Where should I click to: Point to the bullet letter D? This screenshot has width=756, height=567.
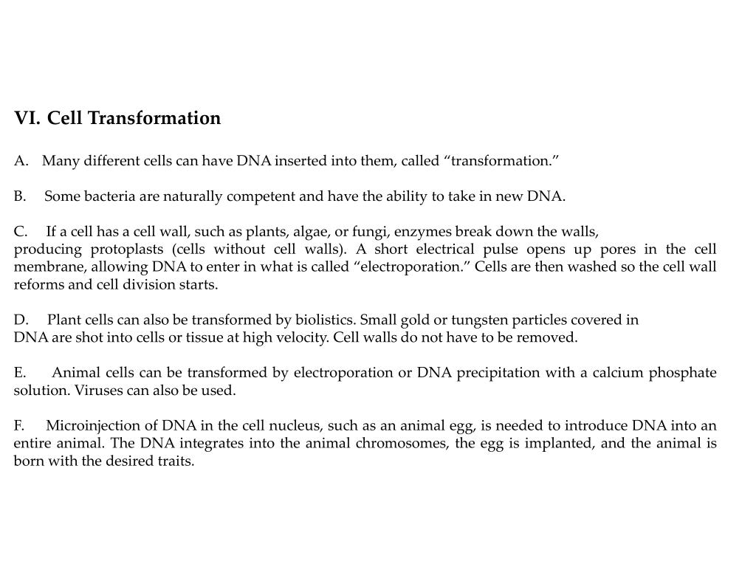(21, 320)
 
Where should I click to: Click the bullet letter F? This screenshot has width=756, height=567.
(19, 426)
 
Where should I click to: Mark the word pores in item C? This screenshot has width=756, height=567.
(611, 249)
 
